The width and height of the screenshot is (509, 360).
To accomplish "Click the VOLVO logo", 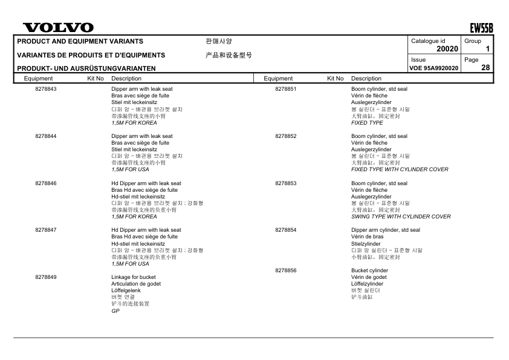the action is coord(58,28).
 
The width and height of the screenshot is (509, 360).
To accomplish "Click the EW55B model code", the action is coord(481,28).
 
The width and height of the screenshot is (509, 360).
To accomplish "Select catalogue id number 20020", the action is coord(447,48).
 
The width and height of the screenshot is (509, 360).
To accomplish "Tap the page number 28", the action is coord(485,68).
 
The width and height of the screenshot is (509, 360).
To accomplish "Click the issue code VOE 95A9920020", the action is coord(434,68).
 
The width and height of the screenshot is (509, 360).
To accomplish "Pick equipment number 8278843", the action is coord(46,89).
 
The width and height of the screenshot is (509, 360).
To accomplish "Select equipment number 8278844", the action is coord(46,136).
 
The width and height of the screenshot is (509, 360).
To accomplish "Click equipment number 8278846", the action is coord(46,183).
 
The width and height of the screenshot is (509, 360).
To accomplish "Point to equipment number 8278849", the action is coord(46,277).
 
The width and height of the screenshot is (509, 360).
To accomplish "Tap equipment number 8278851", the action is coord(285,89).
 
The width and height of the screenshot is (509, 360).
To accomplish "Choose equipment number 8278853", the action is coord(285,183).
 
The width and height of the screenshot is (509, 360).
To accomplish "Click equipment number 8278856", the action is coord(285,270).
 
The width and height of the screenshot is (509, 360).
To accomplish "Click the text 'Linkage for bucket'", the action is coord(134,277).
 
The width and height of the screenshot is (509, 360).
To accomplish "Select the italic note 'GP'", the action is coord(115,311).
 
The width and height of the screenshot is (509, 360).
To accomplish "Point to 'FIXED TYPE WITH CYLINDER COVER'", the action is coord(400,169).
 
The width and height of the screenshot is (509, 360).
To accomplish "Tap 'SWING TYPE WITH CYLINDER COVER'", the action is coord(401,217).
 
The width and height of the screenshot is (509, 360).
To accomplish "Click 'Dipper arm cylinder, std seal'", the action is coord(385,230).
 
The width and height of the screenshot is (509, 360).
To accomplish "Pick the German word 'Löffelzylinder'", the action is coord(367,284).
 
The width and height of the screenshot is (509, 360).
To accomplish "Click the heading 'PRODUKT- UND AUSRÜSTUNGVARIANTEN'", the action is coord(86,68).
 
